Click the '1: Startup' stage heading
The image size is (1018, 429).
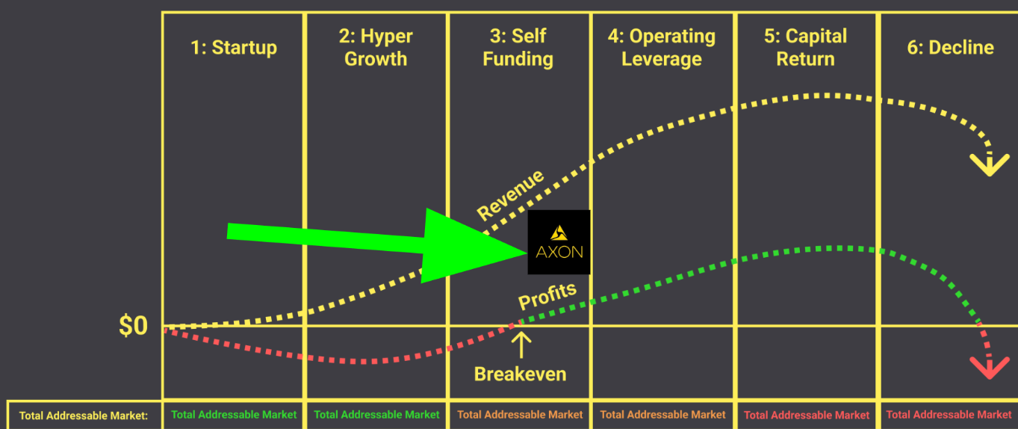[x=234, y=48]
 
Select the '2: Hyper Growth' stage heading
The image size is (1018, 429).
[x=376, y=48]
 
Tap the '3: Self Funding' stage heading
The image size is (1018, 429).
[x=518, y=48]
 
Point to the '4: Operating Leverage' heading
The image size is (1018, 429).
[x=662, y=48]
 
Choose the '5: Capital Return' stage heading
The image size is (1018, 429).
[x=805, y=48]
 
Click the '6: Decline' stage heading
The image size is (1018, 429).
[x=950, y=48]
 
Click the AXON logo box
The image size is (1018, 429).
[x=559, y=242]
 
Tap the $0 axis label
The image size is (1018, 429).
[x=134, y=327]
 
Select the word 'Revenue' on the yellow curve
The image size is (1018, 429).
[x=511, y=196]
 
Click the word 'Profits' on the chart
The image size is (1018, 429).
[x=547, y=296]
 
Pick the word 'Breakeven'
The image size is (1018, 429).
[x=520, y=374]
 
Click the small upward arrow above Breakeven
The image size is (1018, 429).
[x=521, y=345]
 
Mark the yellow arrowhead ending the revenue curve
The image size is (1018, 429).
[x=990, y=164]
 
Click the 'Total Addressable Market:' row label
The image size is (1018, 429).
[x=84, y=416]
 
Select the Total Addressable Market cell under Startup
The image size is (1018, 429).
[x=234, y=415]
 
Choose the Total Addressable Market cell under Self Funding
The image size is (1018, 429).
[x=520, y=415]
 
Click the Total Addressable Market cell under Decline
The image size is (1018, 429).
[x=949, y=415]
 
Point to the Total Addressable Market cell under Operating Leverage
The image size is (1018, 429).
[x=662, y=415]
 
